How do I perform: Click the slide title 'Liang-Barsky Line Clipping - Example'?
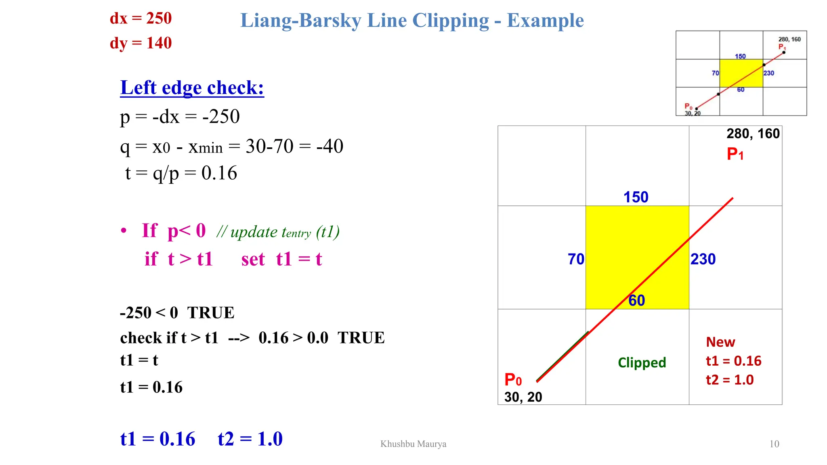coord(412,21)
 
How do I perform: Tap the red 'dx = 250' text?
coord(141,19)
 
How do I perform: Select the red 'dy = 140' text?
coord(141,43)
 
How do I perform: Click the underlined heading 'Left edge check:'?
coord(192,88)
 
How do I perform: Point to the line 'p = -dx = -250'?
coord(180,117)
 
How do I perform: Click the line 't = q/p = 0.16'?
coord(181,173)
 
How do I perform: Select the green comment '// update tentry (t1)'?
coord(278,232)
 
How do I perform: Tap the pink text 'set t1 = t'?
coord(281,259)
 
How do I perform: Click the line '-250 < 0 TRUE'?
coord(177,313)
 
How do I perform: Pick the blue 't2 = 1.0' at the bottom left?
coord(250,439)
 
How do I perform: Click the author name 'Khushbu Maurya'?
coord(413,444)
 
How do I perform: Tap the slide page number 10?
coord(774,444)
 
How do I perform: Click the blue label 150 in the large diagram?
coord(636,197)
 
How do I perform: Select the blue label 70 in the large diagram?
coord(576,259)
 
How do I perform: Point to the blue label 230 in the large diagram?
coord(703,259)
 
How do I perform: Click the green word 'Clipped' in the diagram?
coord(642,362)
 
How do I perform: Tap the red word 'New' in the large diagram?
coord(720,342)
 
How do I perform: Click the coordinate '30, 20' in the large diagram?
coord(523,397)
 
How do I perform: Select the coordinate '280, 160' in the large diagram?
coord(753,134)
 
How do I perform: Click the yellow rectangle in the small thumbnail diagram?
coord(741,73)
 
